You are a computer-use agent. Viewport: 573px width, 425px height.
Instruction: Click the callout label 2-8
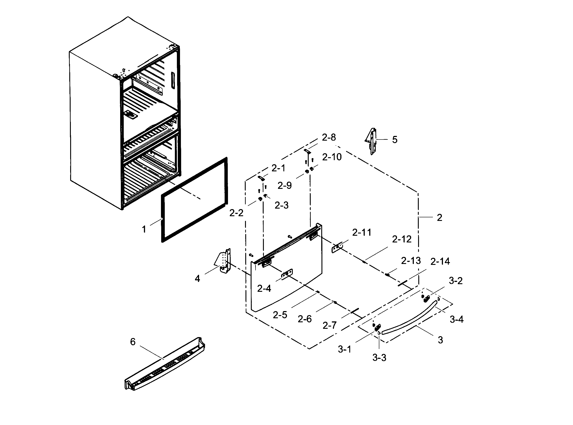point(329,137)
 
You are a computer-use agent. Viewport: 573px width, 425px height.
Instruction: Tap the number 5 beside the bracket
point(395,140)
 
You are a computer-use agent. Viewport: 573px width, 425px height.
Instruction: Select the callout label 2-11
point(362,233)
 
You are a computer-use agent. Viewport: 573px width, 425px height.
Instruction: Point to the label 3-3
point(379,357)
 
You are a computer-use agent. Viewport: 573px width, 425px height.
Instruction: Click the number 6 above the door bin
point(133,342)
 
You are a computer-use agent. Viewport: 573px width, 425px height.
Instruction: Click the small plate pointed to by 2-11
point(337,248)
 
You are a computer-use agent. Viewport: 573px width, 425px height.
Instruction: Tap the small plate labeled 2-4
point(287,274)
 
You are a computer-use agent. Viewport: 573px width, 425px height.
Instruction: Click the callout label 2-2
point(236,213)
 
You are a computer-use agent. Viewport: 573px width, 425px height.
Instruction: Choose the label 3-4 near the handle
point(456,320)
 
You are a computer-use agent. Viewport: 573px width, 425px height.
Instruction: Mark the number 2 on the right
point(440,218)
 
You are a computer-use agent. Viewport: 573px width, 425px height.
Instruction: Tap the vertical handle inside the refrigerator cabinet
point(173,81)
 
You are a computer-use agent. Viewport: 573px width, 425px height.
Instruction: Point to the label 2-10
point(332,157)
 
